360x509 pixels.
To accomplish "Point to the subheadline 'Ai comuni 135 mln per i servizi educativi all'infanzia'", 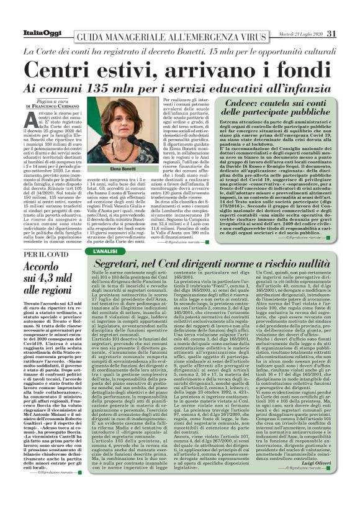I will (180, 86).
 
